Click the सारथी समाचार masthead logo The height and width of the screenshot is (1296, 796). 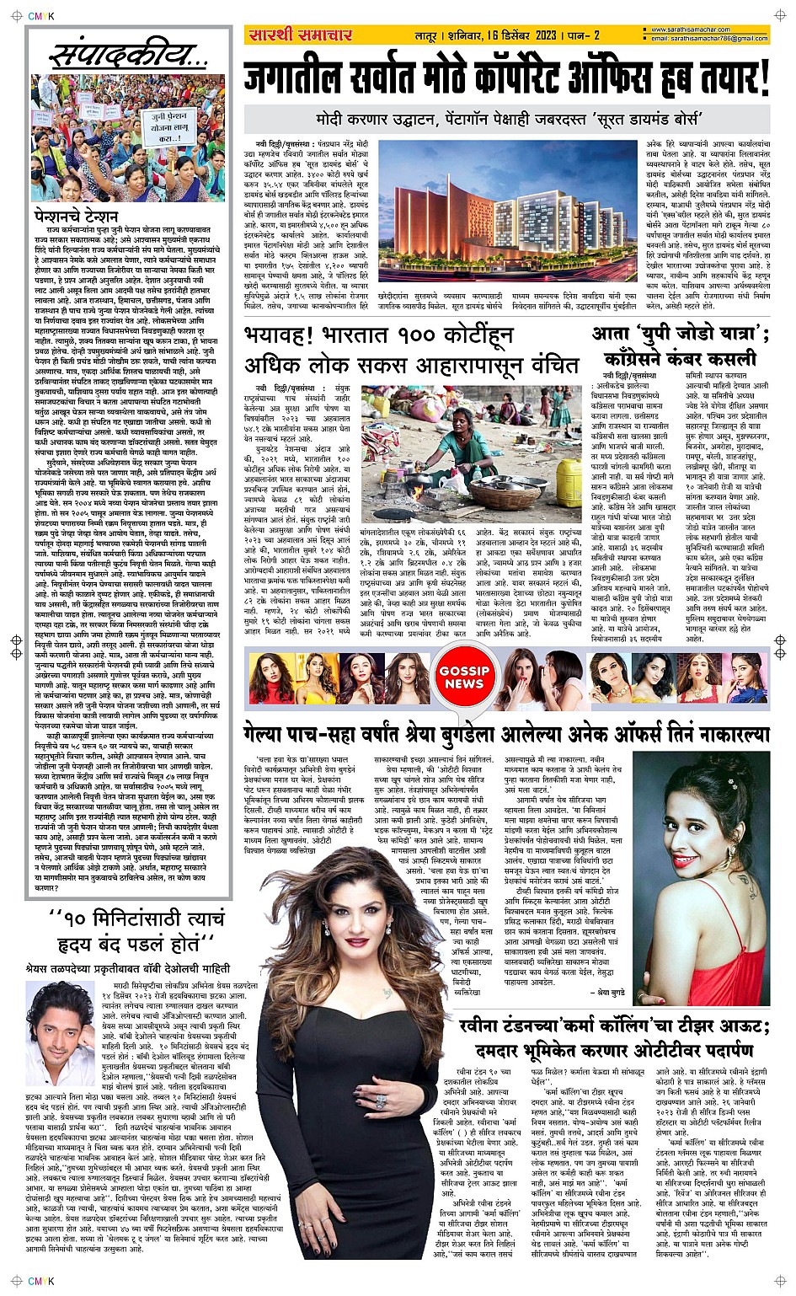tap(300, 35)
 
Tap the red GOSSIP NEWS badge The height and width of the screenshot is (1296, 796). tap(463, 677)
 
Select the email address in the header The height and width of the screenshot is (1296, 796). tap(709, 39)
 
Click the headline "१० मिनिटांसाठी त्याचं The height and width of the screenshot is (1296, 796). tap(137, 918)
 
